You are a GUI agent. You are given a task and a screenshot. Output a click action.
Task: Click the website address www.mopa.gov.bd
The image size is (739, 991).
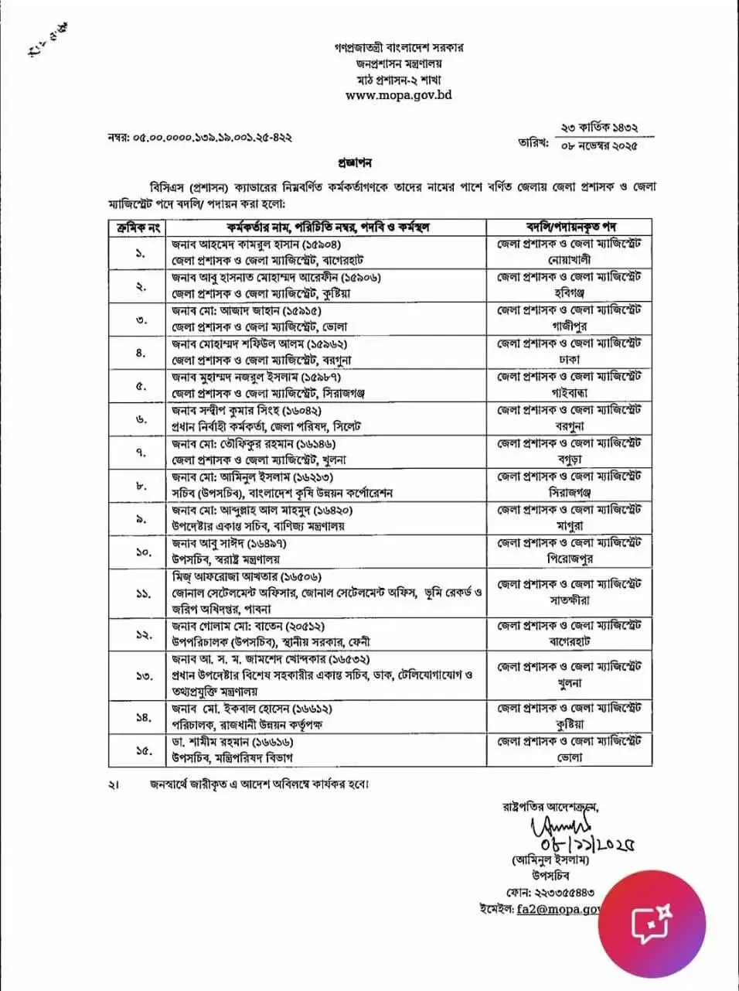coord(398,95)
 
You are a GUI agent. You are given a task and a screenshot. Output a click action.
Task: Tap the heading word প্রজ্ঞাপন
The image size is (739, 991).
coord(355,164)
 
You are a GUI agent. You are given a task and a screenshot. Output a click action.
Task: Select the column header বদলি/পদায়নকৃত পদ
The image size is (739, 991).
coord(569,227)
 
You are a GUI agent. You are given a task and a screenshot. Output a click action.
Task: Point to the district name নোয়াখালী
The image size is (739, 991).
coord(569,260)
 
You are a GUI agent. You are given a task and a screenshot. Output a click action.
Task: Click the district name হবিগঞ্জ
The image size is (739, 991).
coord(569,293)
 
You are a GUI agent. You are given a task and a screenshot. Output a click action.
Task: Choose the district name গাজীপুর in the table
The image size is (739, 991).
coord(569,326)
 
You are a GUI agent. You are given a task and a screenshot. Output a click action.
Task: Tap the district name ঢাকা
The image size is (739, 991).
coord(569,360)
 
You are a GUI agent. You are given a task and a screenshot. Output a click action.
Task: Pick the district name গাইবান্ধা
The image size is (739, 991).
coord(569,393)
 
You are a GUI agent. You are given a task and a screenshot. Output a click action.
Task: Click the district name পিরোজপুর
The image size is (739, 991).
coord(569,559)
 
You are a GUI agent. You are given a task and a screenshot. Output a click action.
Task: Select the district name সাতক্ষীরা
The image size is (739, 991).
coord(569,600)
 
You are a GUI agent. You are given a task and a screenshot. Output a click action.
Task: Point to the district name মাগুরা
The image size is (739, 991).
coord(569,525)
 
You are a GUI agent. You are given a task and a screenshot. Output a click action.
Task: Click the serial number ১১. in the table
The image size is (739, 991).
coord(138,593)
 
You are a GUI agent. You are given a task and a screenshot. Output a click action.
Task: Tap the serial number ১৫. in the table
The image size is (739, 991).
coord(138,750)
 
